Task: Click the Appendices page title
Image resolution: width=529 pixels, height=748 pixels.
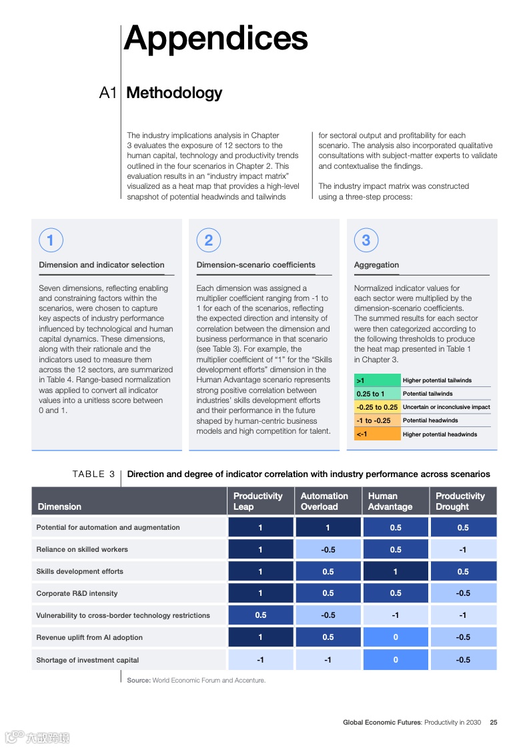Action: click(215, 38)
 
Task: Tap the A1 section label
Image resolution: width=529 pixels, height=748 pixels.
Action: click(107, 93)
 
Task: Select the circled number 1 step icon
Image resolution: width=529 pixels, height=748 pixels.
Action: click(51, 240)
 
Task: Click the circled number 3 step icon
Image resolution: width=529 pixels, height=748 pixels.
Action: click(366, 240)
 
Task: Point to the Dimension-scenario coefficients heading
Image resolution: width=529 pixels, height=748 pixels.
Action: click(255, 265)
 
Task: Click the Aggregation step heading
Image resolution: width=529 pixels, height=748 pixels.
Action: click(376, 265)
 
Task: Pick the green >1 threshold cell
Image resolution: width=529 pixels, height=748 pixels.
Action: click(377, 380)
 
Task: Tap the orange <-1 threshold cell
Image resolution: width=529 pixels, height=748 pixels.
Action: click(377, 434)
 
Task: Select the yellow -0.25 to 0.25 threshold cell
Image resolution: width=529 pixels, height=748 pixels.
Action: click(377, 407)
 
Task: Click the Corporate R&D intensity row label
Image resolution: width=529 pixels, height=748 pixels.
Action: click(77, 593)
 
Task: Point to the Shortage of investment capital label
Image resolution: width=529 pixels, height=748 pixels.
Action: click(87, 660)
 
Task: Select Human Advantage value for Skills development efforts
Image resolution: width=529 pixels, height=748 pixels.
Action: click(396, 571)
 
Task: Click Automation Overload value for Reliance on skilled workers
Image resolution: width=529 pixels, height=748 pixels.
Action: click(328, 549)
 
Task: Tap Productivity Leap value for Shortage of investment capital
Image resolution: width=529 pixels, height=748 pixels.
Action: click(260, 660)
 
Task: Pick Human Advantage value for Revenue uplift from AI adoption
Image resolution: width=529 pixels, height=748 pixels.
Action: click(396, 637)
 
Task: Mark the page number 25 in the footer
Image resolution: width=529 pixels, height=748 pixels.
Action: click(494, 722)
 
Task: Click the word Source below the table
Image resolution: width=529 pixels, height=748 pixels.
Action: click(138, 681)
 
